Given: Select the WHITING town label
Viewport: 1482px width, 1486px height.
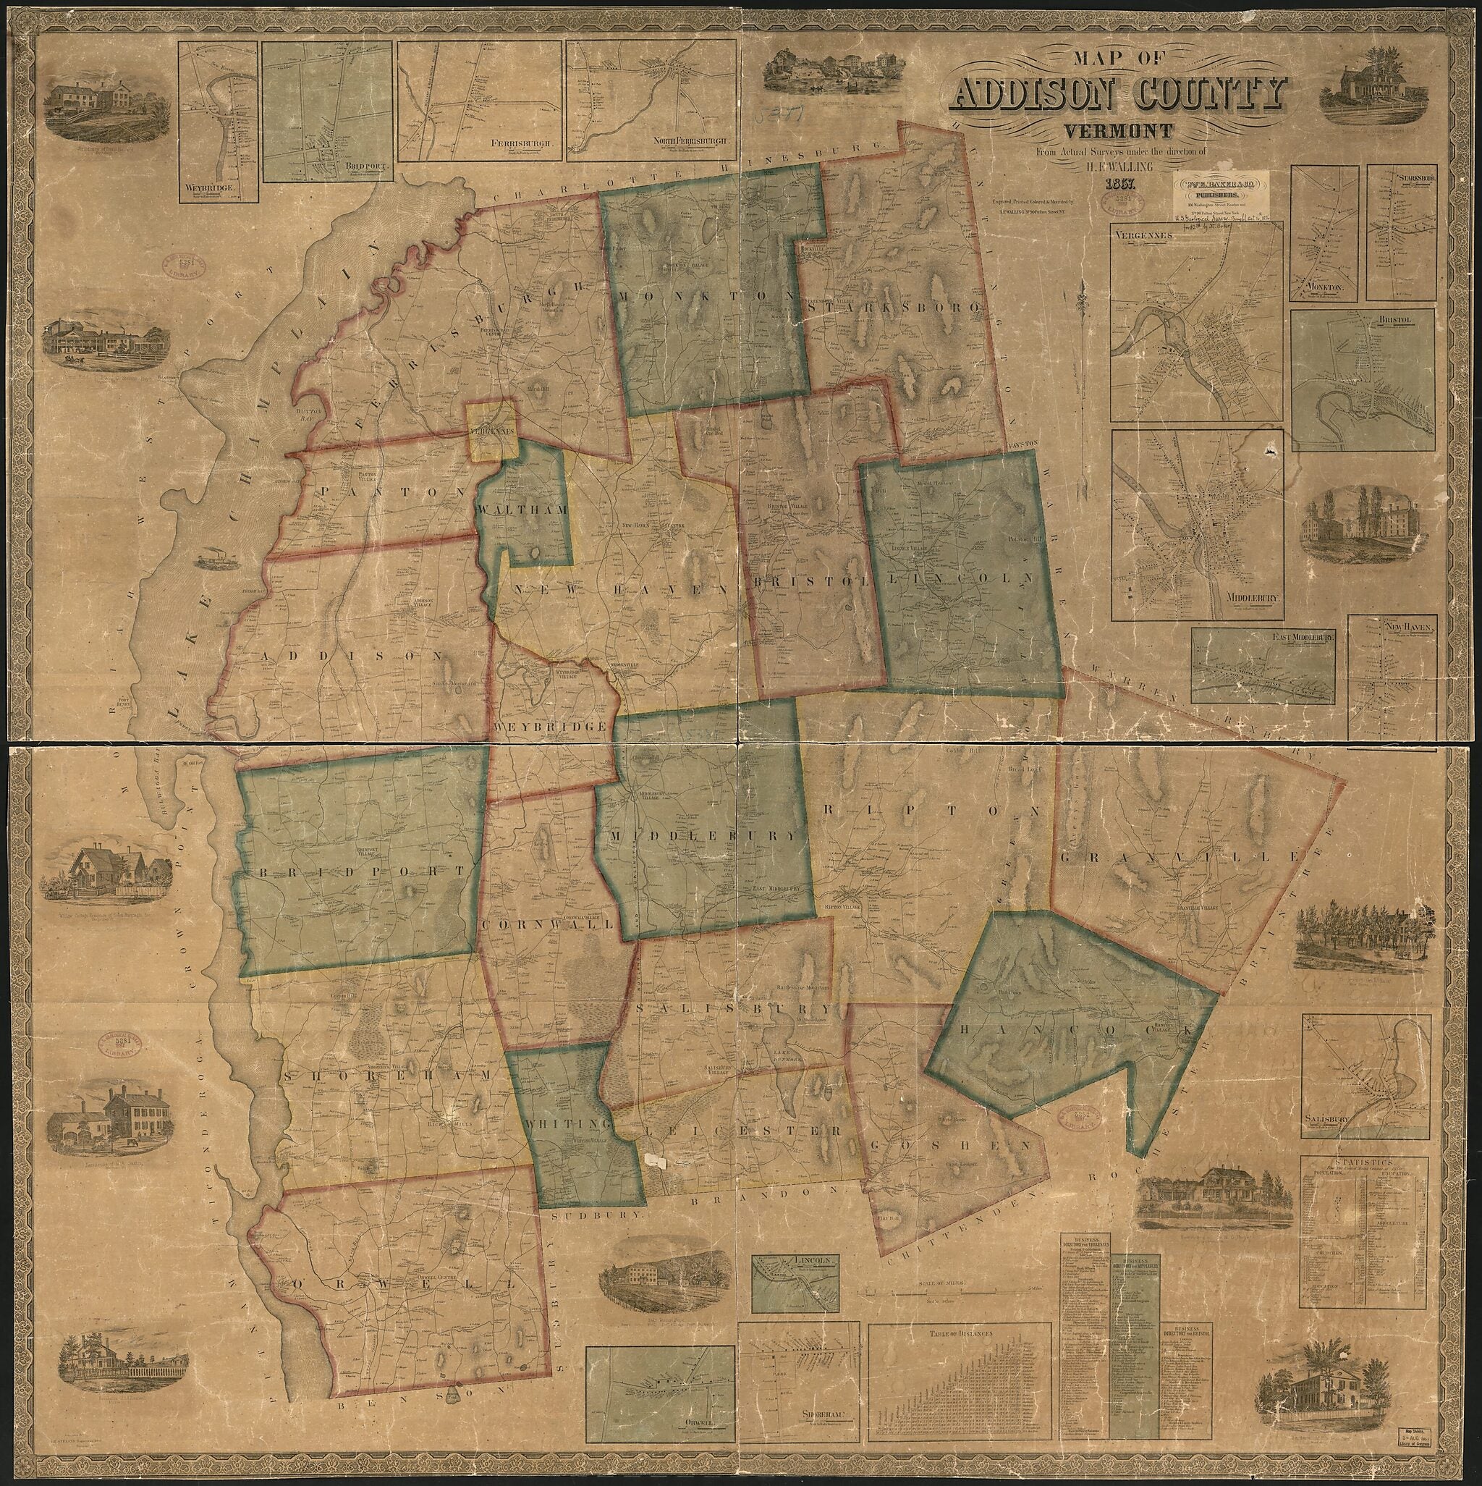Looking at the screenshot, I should point(568,1123).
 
